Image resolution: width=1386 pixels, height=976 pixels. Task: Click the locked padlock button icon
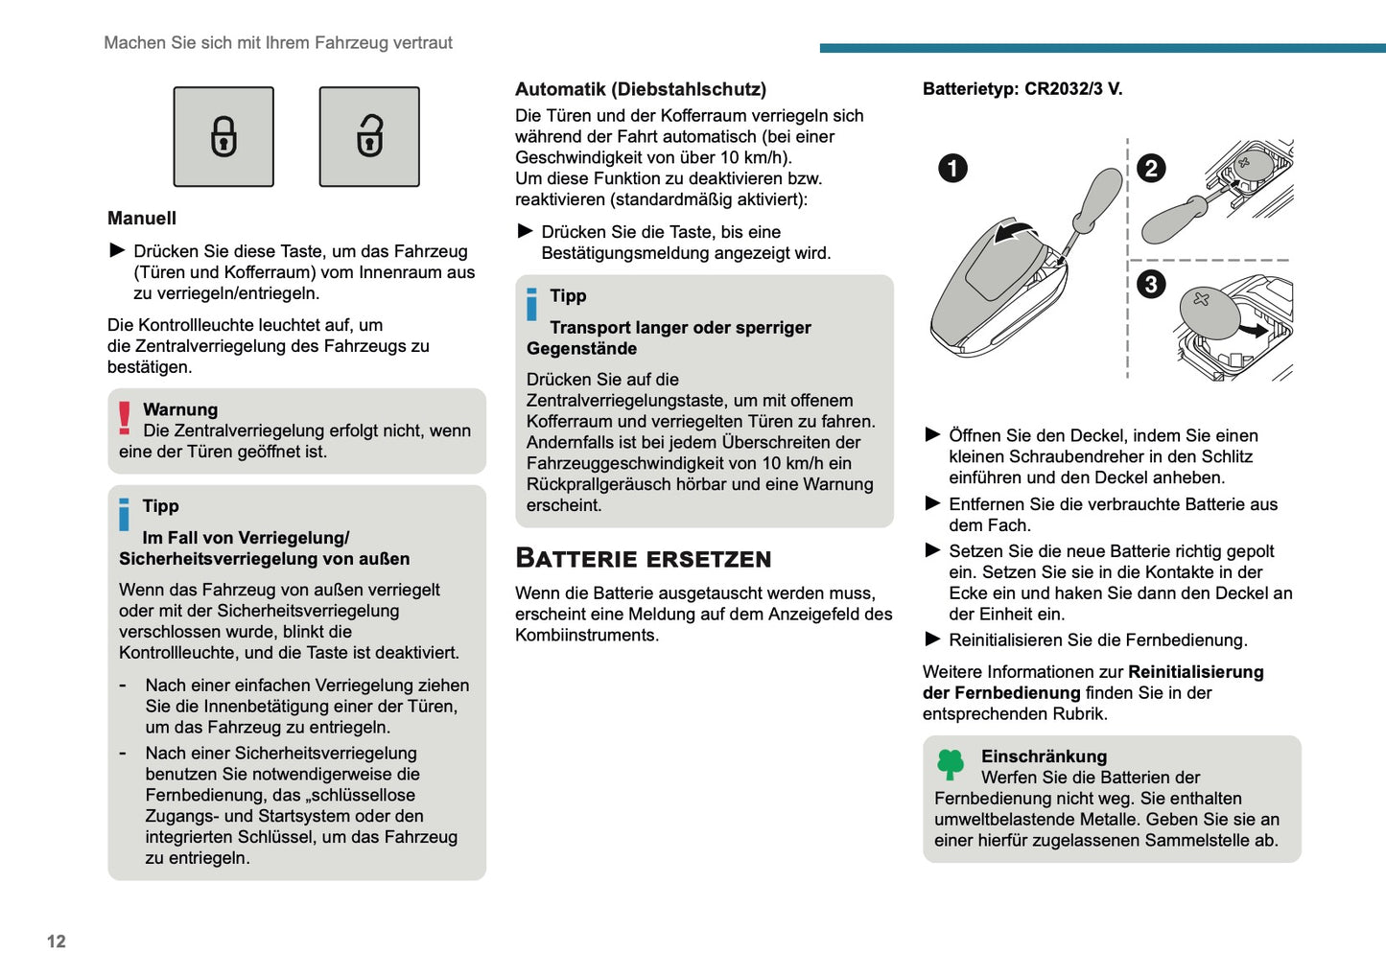click(223, 136)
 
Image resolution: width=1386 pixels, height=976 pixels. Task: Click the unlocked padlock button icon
click(369, 136)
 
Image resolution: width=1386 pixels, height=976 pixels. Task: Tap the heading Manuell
click(142, 219)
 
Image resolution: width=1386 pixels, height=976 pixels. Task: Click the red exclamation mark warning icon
click(125, 418)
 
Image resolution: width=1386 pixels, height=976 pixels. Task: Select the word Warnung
click(180, 409)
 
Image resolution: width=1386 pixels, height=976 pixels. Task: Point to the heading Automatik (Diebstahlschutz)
click(641, 89)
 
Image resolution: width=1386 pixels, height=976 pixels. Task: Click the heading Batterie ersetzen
click(643, 559)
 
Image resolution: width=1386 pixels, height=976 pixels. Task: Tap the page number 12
click(57, 941)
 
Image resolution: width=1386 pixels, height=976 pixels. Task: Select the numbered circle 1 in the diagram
click(952, 169)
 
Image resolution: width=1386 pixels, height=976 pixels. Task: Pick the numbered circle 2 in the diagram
click(1151, 169)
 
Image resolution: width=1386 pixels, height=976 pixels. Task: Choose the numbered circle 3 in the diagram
click(1151, 284)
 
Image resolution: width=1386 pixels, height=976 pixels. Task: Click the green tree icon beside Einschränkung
click(951, 764)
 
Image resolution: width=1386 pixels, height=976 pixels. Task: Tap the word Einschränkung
click(1044, 756)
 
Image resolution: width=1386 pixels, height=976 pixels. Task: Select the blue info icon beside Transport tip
click(532, 304)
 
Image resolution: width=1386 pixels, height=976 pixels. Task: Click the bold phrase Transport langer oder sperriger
click(680, 328)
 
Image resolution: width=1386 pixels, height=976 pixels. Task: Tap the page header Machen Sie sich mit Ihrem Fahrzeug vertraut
click(278, 43)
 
